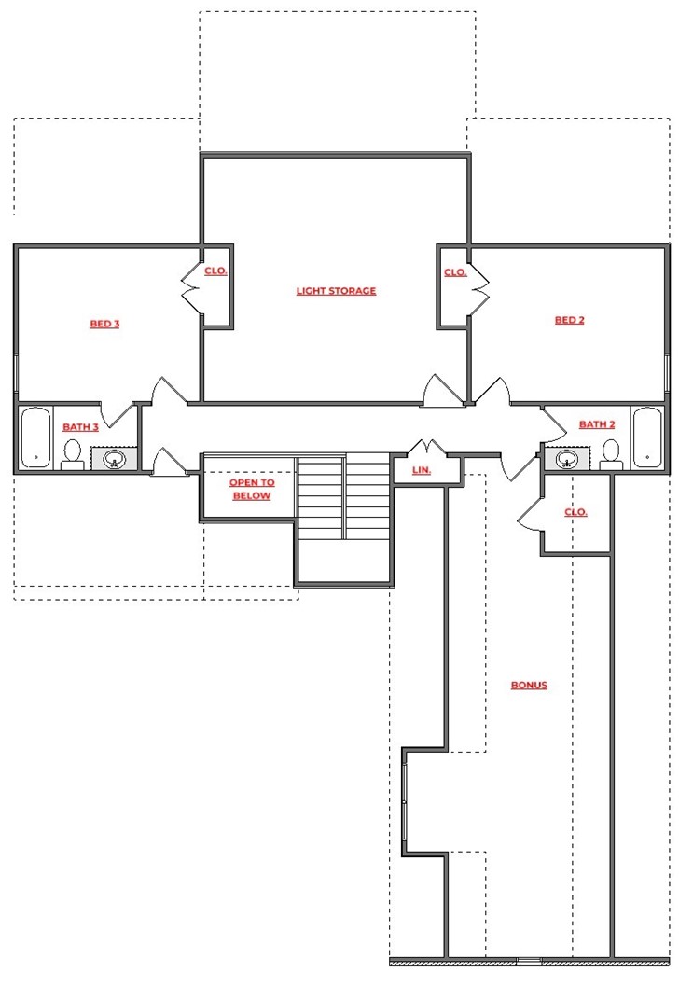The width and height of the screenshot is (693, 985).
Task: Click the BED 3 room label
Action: [x=104, y=325]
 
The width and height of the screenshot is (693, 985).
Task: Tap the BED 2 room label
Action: [x=569, y=320]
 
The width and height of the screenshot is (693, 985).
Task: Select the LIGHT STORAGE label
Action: [x=336, y=291]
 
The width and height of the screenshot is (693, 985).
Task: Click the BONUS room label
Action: [x=528, y=686]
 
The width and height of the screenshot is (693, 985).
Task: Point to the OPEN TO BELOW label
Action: [x=252, y=490]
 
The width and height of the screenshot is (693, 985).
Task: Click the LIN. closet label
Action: [x=422, y=470]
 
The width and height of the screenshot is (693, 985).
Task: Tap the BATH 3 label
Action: [x=80, y=427]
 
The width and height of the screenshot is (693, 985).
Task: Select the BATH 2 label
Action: [x=597, y=424]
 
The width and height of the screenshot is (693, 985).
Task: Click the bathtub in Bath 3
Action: [x=35, y=437]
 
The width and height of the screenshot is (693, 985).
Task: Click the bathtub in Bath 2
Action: [x=646, y=437]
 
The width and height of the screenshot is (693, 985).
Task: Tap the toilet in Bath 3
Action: [x=72, y=454]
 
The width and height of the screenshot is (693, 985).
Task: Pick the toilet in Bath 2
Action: [x=611, y=454]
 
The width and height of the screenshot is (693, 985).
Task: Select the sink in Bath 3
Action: [x=114, y=459]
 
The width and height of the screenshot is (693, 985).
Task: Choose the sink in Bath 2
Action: [x=567, y=459]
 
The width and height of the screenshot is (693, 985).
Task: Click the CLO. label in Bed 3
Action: [x=216, y=271]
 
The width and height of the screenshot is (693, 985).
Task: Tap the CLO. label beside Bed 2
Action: [x=455, y=272]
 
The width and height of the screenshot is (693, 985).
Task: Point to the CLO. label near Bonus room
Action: [x=575, y=512]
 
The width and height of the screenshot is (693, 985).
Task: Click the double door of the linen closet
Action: [x=425, y=449]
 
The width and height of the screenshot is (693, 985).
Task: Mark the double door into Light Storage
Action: [x=442, y=392]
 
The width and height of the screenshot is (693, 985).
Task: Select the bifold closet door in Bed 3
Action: [x=193, y=289]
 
